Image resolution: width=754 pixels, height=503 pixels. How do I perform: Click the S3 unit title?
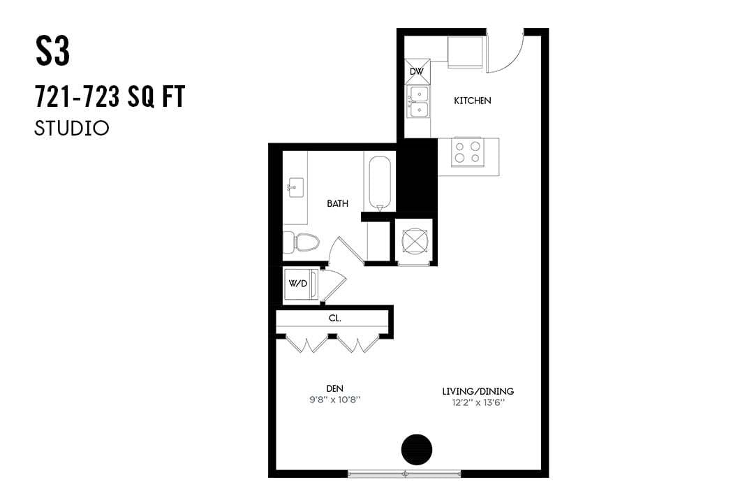pyautogui.click(x=53, y=52)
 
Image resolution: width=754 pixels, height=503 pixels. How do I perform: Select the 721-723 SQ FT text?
pyautogui.click(x=110, y=99)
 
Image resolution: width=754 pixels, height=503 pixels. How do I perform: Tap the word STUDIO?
pyautogui.click(x=72, y=129)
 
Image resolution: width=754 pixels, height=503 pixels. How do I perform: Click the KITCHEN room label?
pyautogui.click(x=473, y=101)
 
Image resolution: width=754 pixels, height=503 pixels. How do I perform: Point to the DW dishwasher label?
pyautogui.click(x=416, y=72)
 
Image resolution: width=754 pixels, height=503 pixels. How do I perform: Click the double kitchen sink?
pyautogui.click(x=418, y=101)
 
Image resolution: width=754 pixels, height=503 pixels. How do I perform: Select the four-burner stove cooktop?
pyautogui.click(x=468, y=152)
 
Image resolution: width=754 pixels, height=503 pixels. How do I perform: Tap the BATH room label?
pyautogui.click(x=337, y=204)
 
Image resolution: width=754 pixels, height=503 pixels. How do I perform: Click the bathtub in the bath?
pyautogui.click(x=380, y=182)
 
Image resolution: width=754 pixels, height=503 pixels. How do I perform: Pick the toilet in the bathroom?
pyautogui.click(x=302, y=242)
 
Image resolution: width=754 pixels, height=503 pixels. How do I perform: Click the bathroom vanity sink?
pyautogui.click(x=294, y=187)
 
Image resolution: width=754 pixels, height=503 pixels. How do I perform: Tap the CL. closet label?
pyautogui.click(x=334, y=318)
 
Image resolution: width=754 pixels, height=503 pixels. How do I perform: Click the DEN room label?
pyautogui.click(x=334, y=388)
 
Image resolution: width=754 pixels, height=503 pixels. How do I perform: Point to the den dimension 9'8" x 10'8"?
pyautogui.click(x=334, y=400)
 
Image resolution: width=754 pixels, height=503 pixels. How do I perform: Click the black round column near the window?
pyautogui.click(x=417, y=449)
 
